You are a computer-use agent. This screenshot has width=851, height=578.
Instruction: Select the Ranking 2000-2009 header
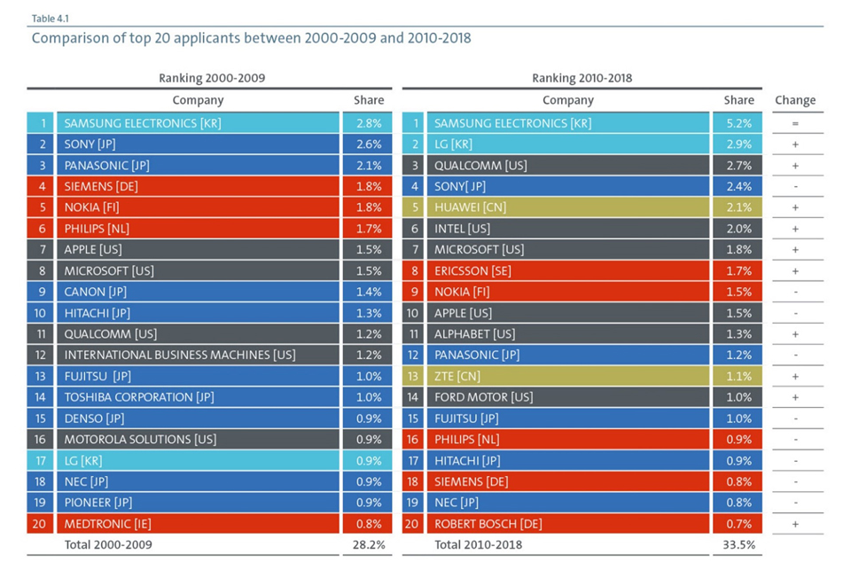tap(212, 78)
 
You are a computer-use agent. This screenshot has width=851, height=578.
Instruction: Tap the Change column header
tap(794, 100)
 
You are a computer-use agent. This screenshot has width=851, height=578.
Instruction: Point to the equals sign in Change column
tap(794, 123)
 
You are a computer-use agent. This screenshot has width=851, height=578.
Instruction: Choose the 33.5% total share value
tap(738, 545)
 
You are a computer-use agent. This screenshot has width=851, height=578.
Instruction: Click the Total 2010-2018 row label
tap(478, 545)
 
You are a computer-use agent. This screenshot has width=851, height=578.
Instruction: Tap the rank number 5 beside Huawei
tap(412, 207)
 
